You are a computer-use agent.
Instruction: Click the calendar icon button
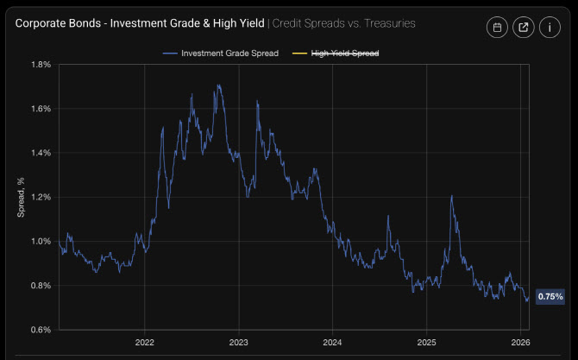[497, 28]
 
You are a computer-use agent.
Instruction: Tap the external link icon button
[524, 28]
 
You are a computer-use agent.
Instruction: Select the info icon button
[550, 28]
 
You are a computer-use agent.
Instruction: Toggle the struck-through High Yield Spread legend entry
[345, 54]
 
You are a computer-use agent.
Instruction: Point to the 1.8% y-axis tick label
[41, 65]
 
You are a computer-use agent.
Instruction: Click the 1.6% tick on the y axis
[41, 109]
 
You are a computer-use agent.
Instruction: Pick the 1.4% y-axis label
[41, 153]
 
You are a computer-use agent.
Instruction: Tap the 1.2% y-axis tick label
[41, 197]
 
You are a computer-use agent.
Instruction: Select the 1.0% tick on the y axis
[41, 241]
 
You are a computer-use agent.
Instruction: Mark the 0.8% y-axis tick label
[41, 286]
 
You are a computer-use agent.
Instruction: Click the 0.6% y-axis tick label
[41, 330]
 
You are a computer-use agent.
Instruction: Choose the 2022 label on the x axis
[144, 343]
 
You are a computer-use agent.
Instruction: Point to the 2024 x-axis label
[332, 343]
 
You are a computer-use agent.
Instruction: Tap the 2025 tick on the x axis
[426, 343]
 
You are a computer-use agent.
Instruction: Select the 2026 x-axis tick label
[520, 343]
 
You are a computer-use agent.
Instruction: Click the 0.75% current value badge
[550, 297]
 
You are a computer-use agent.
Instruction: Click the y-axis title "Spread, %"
[22, 197]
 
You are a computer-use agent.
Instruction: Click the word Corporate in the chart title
[41, 23]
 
